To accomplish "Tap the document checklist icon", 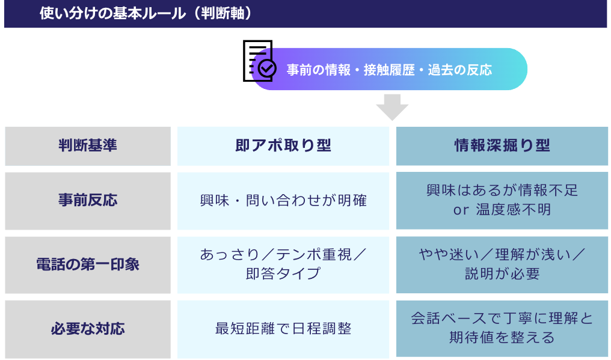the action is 259,61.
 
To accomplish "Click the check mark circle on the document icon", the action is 267,68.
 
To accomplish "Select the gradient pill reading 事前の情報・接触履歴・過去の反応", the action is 390,69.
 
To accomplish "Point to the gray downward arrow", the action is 392,107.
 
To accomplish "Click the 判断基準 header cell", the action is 88,146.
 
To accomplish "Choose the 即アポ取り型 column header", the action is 283,146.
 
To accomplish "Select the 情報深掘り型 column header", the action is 502,146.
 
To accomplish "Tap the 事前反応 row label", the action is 88,201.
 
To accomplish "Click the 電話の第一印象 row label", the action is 88,265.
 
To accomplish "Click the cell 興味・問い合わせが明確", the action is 283,201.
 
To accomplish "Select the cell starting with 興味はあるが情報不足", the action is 502,201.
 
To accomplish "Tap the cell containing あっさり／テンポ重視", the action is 283,265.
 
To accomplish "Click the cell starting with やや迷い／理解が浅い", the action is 502,265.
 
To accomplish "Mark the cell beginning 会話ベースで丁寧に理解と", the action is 502,328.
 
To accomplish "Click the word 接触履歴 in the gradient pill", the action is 389,70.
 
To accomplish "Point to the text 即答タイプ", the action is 283,273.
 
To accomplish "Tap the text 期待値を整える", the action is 502,337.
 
